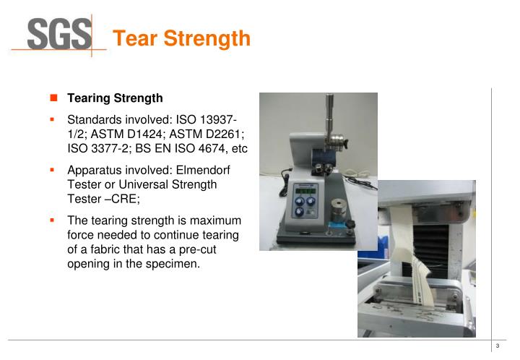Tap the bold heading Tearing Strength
(115, 98)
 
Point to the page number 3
(498, 348)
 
